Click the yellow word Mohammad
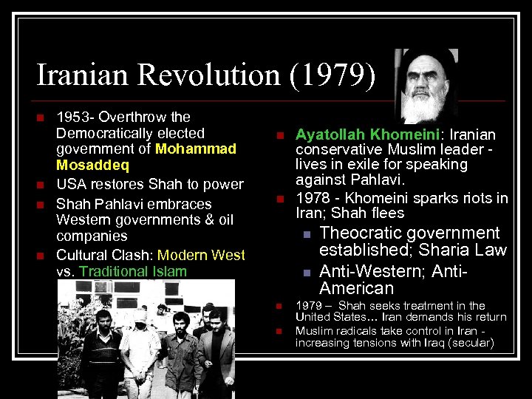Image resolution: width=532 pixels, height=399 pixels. tap(197, 149)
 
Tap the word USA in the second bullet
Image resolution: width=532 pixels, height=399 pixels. tap(70, 184)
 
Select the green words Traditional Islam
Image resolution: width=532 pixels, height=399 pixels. tap(133, 271)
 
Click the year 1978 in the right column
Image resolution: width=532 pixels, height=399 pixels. tap(310, 198)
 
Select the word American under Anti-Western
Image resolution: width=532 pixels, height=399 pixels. tap(356, 288)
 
